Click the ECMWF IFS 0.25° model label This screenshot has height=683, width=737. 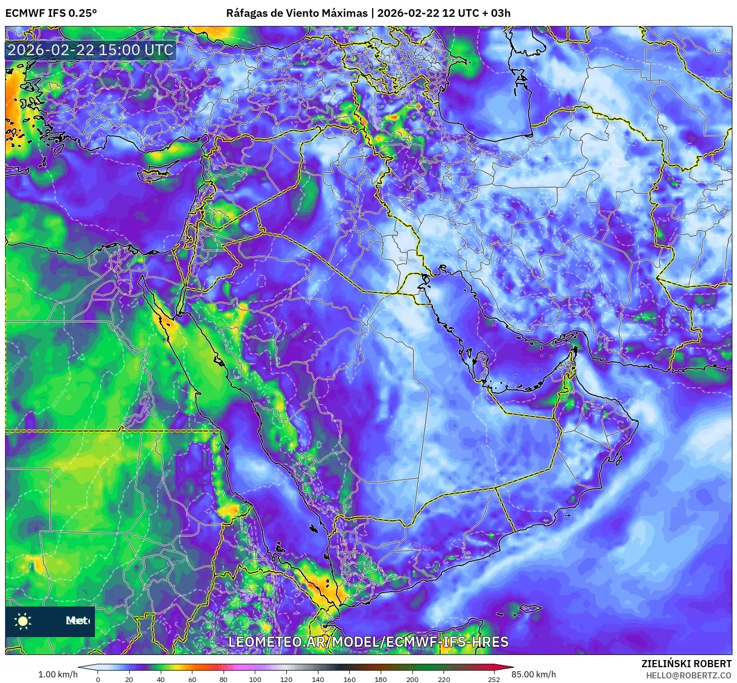tap(51, 13)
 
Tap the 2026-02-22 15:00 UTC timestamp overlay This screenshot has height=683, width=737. tap(90, 50)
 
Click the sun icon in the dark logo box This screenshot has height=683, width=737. tap(23, 621)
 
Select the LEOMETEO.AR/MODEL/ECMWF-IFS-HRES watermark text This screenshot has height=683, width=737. tap(368, 642)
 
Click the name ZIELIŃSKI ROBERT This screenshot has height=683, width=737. tap(686, 664)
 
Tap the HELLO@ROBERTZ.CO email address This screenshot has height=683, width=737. tap(689, 675)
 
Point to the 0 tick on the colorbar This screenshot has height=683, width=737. tap(98, 679)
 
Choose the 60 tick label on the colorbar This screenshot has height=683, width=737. tap(192, 679)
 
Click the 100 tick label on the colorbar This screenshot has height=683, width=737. tap(255, 679)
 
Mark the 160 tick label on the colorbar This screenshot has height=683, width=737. tap(350, 679)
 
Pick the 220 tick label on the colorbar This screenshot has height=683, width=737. tap(444, 679)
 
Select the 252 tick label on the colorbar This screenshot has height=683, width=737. tap(494, 679)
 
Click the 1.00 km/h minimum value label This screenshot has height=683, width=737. tap(58, 674)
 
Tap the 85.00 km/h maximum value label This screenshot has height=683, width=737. tap(534, 674)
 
